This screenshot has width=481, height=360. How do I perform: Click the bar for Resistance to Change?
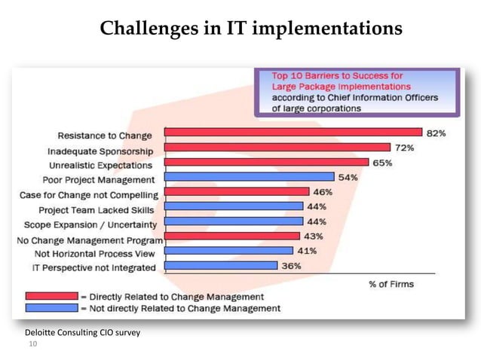(x=293, y=133)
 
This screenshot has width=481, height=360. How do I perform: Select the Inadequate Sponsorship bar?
(x=277, y=148)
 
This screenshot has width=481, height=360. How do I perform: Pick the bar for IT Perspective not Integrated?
(x=220, y=266)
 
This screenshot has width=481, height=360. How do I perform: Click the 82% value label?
(x=437, y=133)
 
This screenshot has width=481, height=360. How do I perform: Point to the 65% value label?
(x=382, y=163)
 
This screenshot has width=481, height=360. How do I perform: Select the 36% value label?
(x=291, y=266)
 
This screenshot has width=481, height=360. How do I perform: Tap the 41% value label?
(x=307, y=251)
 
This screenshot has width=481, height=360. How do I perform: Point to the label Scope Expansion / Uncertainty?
(x=90, y=224)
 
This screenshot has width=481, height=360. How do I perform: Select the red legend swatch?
(x=51, y=296)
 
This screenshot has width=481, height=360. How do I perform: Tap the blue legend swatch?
(x=51, y=308)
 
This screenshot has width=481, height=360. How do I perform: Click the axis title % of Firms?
(x=391, y=284)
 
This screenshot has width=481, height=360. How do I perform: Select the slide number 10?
(x=32, y=344)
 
